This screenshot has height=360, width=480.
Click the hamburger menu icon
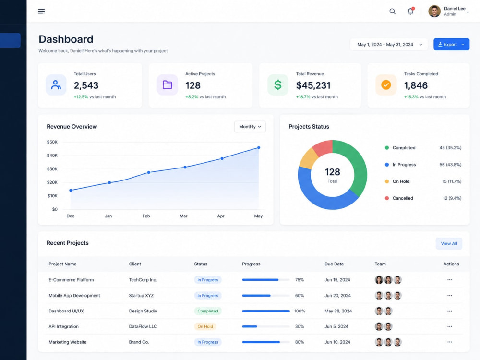coord(41,12)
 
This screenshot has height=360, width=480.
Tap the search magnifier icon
coord(392,12)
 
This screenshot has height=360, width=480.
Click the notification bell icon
coord(410,11)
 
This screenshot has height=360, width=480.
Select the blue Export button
coord(451,44)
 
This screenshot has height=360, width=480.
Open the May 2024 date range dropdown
coord(389,44)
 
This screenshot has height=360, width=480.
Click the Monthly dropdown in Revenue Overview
coord(250,127)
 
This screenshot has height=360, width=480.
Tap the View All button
coord(449,244)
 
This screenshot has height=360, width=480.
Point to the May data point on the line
coord(259,147)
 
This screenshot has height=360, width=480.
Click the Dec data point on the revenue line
coord(71,191)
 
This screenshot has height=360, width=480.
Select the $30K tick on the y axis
coord(52,169)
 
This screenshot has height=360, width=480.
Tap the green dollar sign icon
coord(277,85)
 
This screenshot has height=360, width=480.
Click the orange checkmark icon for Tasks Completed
coord(386,85)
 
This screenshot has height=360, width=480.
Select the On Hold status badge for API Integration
coord(205,326)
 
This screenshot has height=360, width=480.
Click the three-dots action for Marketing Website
coord(449,342)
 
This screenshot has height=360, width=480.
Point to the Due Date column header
coord(334,264)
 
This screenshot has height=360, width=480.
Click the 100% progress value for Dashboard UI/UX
coord(300,311)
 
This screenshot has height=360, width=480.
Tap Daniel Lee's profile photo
coord(434,12)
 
